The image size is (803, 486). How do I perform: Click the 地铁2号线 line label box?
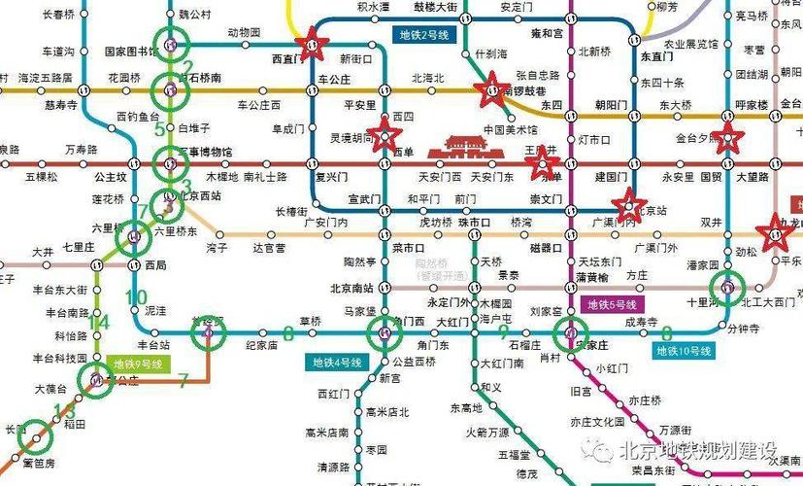423,34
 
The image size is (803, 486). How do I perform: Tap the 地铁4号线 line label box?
337,363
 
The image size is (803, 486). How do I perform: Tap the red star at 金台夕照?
727,137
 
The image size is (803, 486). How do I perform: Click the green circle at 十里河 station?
727,287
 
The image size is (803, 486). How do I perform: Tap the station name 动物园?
244,33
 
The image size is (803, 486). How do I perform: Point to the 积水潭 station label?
373,7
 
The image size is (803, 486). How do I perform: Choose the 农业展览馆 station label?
690,44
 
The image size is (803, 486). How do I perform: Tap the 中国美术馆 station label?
511,129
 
